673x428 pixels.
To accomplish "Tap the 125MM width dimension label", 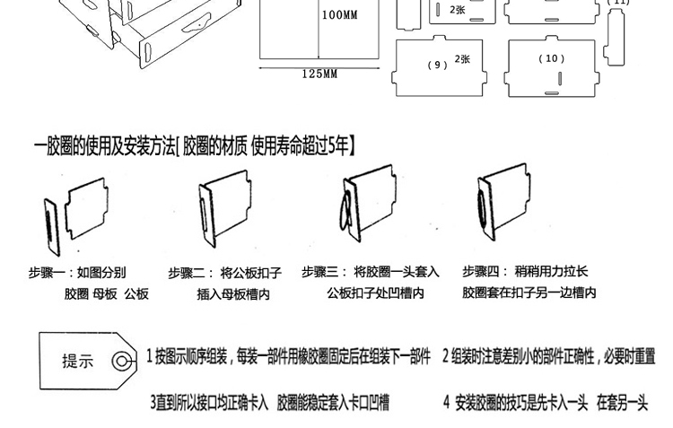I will pos(319,74).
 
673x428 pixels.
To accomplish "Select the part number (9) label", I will pos(438,65).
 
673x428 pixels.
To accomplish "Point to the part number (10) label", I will pos(552,59).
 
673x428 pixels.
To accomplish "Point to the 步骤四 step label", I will pos(481,271).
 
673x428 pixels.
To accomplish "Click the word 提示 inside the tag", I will pos(78,362).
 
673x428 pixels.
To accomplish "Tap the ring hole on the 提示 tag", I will pos(119,362).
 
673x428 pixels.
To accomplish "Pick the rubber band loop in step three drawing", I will pos(343,220).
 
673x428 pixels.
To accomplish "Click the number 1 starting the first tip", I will pos(150,356).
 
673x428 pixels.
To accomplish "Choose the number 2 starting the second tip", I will pos(446,356).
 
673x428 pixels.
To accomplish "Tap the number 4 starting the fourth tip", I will pos(446,403).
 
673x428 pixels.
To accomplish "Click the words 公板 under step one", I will pos(136,293).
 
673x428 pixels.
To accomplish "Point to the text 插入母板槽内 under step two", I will pos(233,293).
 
